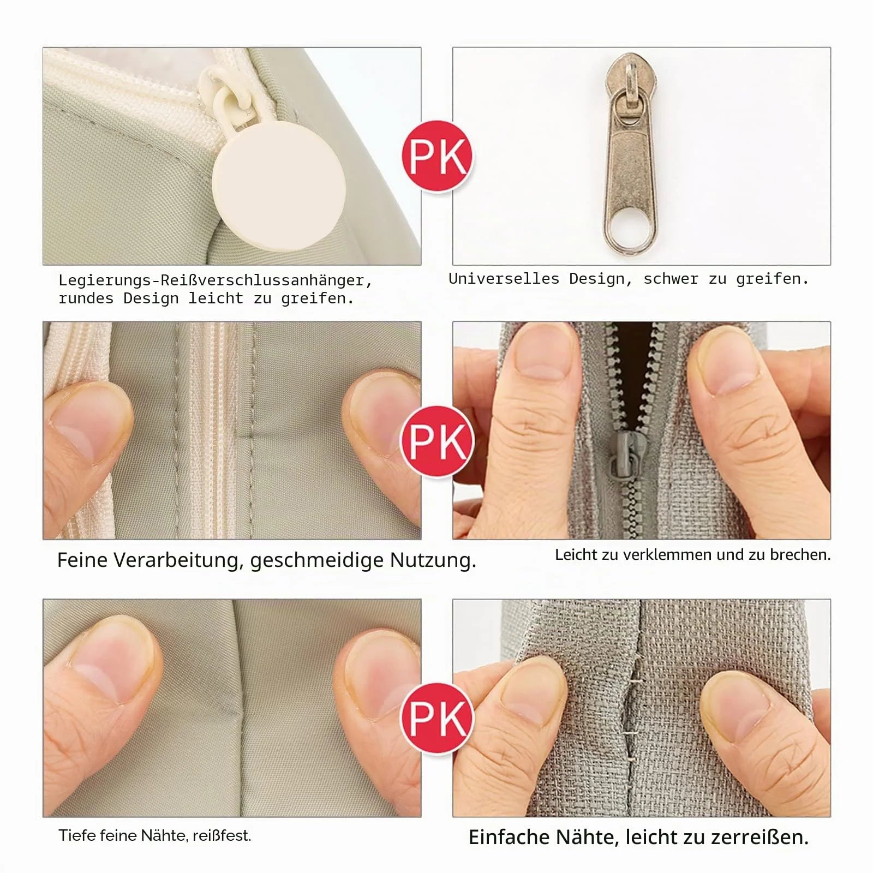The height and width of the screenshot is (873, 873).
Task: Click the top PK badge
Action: click(437, 156)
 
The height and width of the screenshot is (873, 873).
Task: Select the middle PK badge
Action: click(437, 441)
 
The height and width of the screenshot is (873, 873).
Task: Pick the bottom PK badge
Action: click(437, 718)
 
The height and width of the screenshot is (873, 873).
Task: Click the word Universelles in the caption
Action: click(504, 278)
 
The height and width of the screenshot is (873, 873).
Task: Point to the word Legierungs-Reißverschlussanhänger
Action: click(216, 280)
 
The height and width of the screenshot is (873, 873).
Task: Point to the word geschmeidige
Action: click(317, 561)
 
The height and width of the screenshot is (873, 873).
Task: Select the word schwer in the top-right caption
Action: click(671, 278)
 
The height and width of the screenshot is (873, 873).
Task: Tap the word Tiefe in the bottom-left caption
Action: click(76, 835)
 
